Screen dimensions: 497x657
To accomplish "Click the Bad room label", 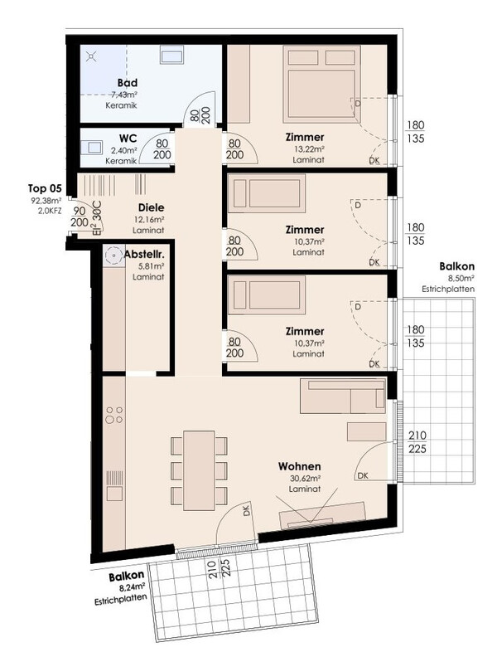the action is [128, 83].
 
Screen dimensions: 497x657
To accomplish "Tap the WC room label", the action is [128, 139].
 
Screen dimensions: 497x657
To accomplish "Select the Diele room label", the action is [151, 207].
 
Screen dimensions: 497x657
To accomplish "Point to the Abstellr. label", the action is [144, 255].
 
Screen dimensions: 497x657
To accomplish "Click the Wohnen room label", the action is [300, 466].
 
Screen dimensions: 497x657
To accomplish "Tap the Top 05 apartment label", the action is [45, 188].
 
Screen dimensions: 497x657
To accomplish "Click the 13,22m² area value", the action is [310, 148].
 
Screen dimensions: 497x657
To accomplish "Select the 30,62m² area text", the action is [306, 478].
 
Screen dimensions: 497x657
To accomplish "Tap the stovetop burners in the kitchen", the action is [113, 415].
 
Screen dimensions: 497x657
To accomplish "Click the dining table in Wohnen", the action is [199, 470].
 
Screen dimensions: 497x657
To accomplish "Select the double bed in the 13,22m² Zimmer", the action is [321, 84].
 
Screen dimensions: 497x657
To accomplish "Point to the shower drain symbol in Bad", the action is [91, 56].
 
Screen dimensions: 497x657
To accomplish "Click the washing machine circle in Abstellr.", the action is [113, 255].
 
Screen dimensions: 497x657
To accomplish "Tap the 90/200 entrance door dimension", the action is [79, 217].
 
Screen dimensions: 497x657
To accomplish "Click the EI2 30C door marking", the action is [97, 217].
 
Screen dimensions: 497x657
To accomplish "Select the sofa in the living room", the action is [343, 397].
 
